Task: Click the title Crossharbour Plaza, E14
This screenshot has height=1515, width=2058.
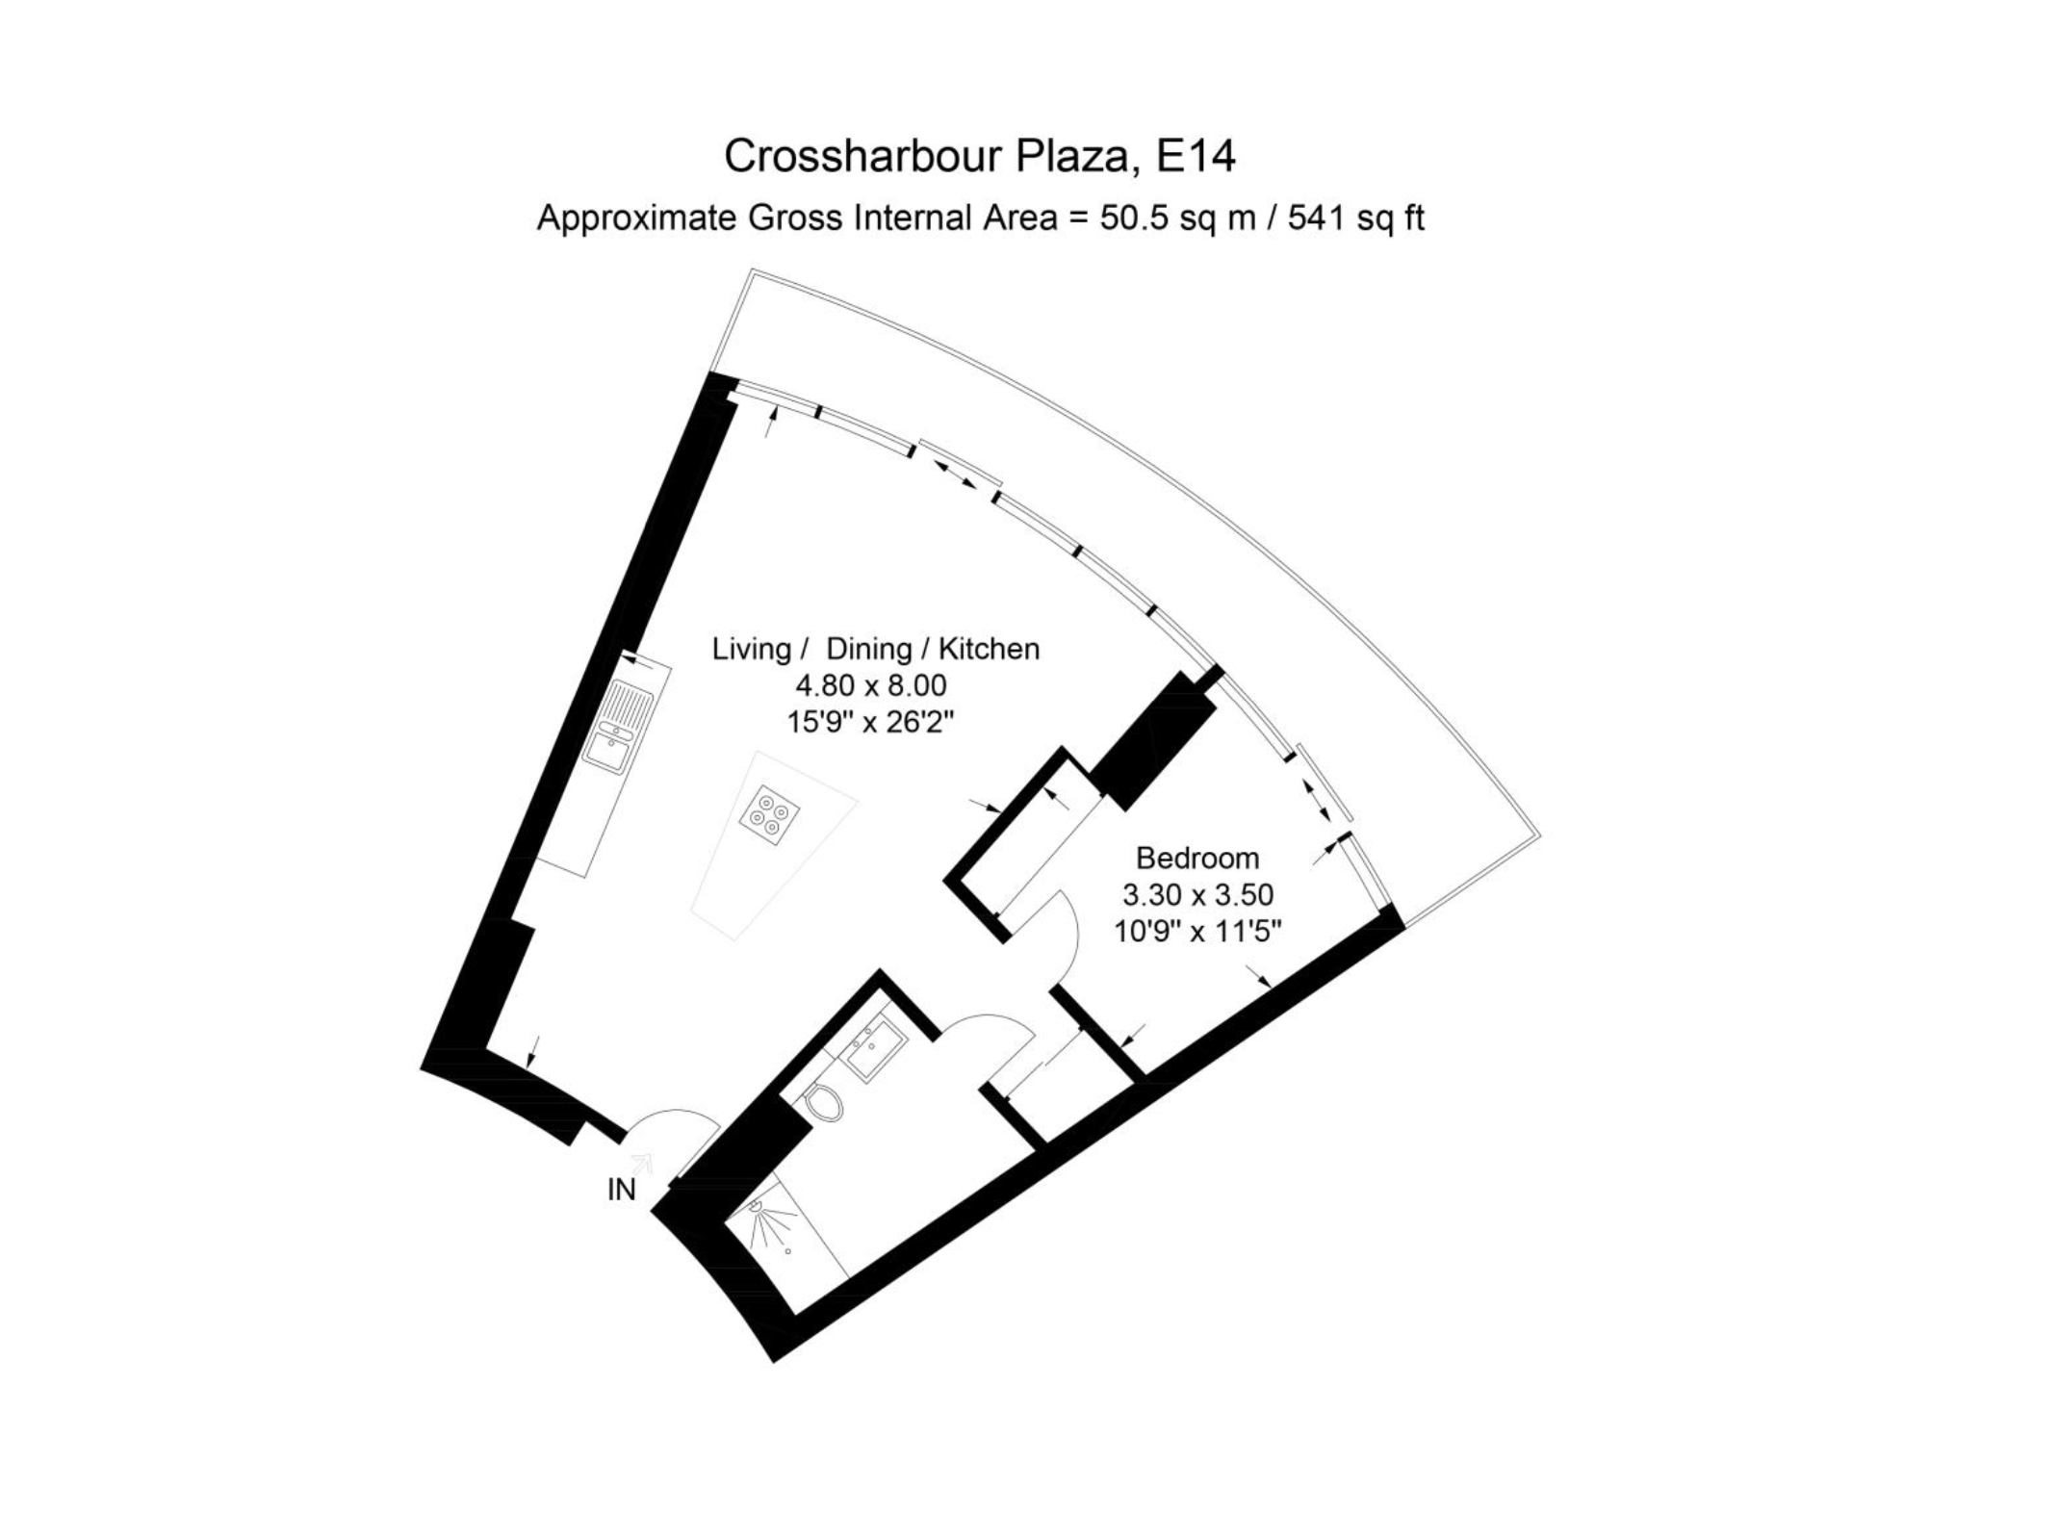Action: pos(979,156)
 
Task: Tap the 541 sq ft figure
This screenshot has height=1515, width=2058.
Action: pos(1356,218)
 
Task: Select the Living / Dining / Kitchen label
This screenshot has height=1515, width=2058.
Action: pos(876,649)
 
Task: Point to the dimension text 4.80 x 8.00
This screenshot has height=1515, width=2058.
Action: pos(870,685)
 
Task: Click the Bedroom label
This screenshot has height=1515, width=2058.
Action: pos(1197,857)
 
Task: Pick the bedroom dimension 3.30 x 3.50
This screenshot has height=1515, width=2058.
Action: pos(1197,894)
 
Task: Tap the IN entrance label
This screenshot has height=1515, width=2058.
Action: pos(621,1190)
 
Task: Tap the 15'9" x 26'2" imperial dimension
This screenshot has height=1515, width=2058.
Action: pos(870,721)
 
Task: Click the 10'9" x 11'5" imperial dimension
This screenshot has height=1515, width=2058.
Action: pos(1197,931)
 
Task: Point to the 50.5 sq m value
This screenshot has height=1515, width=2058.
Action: pos(1178,218)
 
